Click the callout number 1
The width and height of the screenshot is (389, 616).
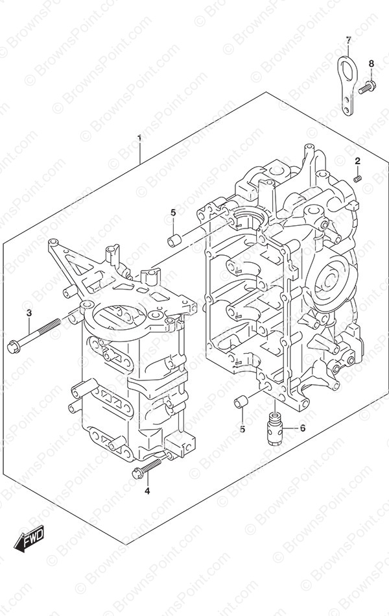[139, 138]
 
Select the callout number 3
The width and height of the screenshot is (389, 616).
[29, 313]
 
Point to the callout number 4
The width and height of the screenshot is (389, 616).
[147, 491]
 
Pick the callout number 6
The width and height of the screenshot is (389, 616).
[302, 428]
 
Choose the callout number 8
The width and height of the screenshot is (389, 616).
[371, 64]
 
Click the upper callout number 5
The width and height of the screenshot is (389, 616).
[173, 212]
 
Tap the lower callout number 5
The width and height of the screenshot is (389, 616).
[242, 429]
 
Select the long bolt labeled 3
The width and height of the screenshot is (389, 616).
[34, 335]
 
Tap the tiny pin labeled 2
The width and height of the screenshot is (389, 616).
[357, 179]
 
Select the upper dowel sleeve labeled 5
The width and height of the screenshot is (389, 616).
[173, 240]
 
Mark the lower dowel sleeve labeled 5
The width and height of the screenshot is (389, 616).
[241, 402]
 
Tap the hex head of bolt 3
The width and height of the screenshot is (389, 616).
[13, 347]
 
